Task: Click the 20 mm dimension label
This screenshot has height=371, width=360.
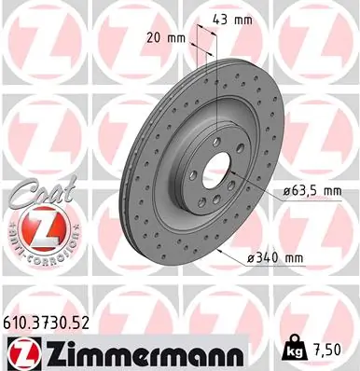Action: click(x=168, y=38)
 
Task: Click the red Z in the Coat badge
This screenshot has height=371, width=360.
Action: click(x=38, y=226)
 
